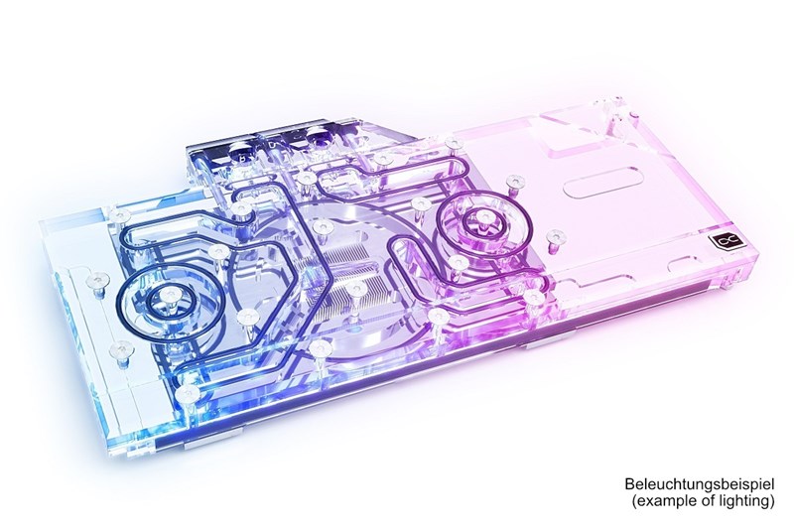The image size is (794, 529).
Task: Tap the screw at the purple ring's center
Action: click(x=484, y=217)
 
